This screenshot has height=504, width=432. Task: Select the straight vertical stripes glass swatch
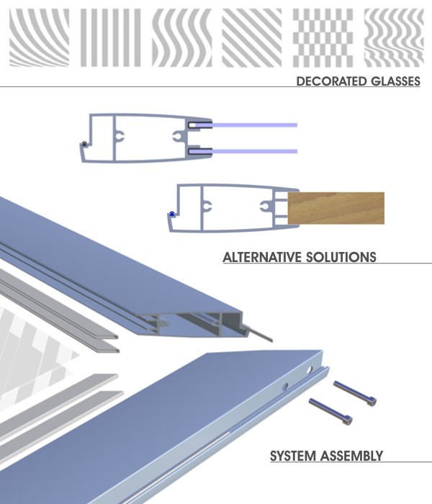(x=109, y=37)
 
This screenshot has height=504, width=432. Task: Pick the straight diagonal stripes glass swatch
(x=251, y=37)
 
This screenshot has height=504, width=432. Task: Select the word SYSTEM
(x=292, y=456)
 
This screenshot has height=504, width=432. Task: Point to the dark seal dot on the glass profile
(x=86, y=144)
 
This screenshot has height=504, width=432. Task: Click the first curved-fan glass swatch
(x=40, y=37)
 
